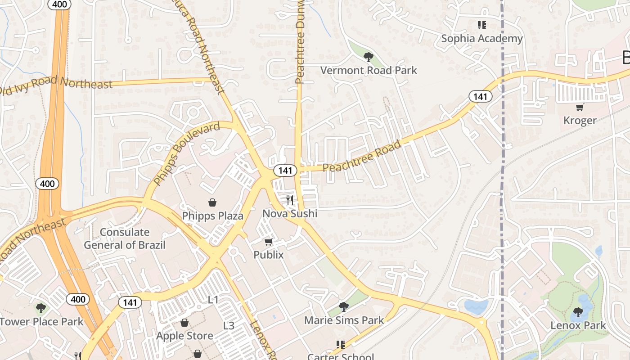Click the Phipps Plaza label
(212, 216)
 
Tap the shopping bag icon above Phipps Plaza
(212, 203)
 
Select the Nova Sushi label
(290, 214)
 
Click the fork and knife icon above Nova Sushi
(290, 200)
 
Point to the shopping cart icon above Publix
(269, 242)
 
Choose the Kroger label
(580, 121)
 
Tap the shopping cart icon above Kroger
(580, 107)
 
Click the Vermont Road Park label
(369, 71)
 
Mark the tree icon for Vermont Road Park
(368, 57)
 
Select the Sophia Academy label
(482, 39)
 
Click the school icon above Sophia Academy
(482, 25)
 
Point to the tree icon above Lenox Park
(578, 312)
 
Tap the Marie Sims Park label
(344, 320)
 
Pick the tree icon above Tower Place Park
(41, 308)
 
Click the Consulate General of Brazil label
(124, 238)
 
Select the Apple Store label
(184, 336)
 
